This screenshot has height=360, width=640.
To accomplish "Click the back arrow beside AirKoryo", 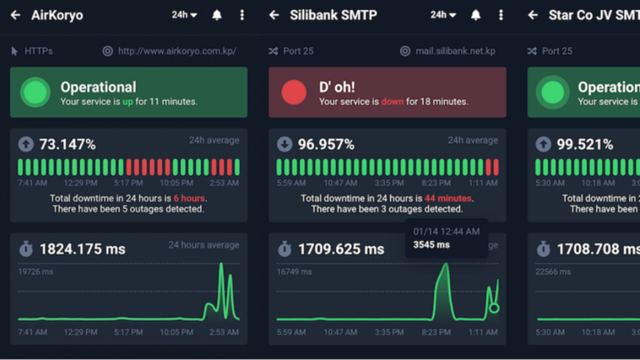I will [x=15, y=15].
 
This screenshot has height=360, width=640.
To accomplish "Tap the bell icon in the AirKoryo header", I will [x=217, y=15].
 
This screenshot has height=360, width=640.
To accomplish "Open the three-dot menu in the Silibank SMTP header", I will [x=501, y=15].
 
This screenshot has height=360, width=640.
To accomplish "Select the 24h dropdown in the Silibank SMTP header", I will [x=442, y=15].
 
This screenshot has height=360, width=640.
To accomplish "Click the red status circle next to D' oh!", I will [x=294, y=92].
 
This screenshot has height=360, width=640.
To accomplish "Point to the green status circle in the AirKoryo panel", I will [x=35, y=92].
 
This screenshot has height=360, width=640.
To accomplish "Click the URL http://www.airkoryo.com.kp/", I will [x=177, y=51].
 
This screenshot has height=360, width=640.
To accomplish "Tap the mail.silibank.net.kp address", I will [x=455, y=51].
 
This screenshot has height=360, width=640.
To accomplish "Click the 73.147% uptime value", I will [x=67, y=144].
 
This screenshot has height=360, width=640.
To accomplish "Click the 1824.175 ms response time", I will [x=82, y=248].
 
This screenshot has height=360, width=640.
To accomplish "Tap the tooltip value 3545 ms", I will [x=431, y=245].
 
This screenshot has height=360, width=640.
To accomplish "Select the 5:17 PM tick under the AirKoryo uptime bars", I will [x=127, y=182].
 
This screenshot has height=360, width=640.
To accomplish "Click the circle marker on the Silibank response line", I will [x=493, y=308].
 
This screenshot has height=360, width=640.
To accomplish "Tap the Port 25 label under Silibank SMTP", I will [x=297, y=51].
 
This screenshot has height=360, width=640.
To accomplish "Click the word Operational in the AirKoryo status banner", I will [x=98, y=87].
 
